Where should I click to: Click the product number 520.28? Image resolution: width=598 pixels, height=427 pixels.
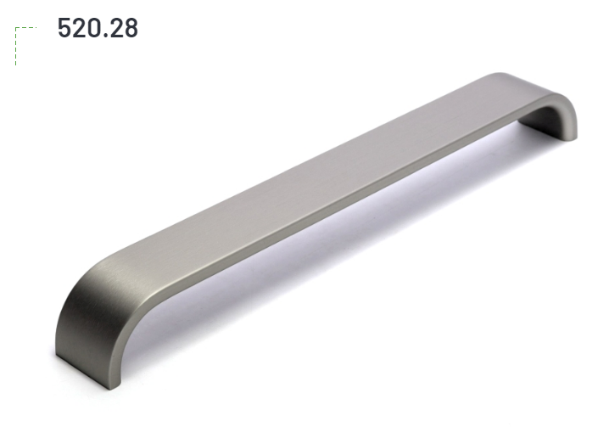pyautogui.click(x=98, y=28)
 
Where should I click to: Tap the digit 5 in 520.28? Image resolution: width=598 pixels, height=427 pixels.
pyautogui.click(x=64, y=28)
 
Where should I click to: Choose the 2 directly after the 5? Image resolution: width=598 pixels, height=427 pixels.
pyautogui.click(x=80, y=28)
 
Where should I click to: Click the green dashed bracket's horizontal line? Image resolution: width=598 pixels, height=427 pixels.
pyautogui.click(x=26, y=27)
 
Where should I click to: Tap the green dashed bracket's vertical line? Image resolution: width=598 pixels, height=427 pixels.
pyautogui.click(x=15, y=46)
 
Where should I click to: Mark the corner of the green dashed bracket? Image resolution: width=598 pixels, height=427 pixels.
pyautogui.click(x=15, y=27)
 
